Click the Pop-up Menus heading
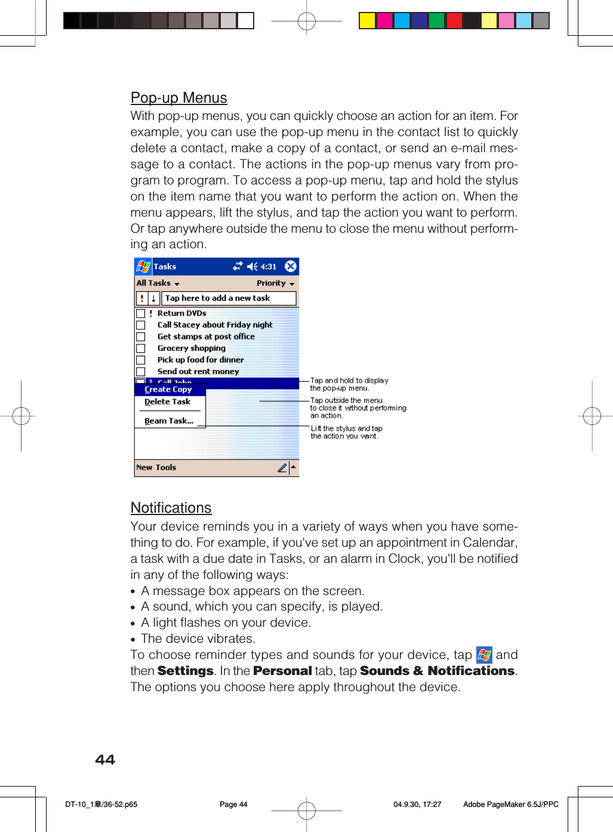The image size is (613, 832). [x=179, y=98]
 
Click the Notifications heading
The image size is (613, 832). [x=171, y=508]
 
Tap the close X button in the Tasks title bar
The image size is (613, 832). [x=291, y=266]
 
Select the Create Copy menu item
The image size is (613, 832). [x=168, y=390]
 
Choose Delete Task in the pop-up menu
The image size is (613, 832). [x=167, y=402]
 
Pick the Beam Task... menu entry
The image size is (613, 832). [x=169, y=421]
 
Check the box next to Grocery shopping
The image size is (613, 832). [x=141, y=349]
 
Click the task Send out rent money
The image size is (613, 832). [x=198, y=371]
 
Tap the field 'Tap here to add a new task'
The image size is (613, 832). [x=229, y=298]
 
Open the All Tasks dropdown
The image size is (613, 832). [x=158, y=284]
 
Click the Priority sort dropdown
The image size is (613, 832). [x=275, y=284]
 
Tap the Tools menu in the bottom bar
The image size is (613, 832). [x=166, y=467]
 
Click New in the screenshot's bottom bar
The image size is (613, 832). [x=144, y=467]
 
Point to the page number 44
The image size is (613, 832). [x=105, y=760]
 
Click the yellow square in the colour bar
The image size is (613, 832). [x=367, y=21]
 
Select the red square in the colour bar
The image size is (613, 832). [x=454, y=21]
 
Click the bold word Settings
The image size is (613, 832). [x=185, y=671]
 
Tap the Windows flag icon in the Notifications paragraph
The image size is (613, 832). [x=484, y=655]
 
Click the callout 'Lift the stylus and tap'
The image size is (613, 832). [x=346, y=429]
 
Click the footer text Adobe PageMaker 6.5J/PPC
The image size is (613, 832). [x=510, y=805]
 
